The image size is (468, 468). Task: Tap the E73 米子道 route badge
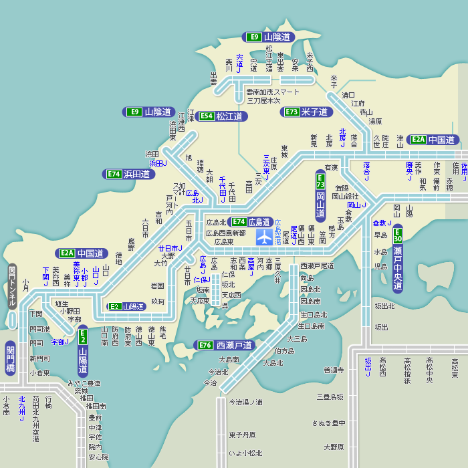pos(307,112)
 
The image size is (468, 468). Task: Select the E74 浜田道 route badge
pos(129,174)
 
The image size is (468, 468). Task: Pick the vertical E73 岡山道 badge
pos(320,196)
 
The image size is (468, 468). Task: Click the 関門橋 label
pos(10,358)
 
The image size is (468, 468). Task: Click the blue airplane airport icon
pos(265,237)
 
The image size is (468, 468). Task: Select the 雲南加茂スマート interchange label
pos(273,92)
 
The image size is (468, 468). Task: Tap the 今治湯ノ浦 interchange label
pos(246,402)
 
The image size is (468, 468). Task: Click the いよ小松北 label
pos(246,453)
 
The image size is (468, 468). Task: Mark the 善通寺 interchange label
pos(334,370)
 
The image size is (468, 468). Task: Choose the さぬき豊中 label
pos(328,423)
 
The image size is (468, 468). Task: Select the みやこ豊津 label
pos(84,383)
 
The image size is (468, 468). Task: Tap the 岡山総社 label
pos(347,196)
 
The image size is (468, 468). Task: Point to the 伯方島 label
pos(283,350)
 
